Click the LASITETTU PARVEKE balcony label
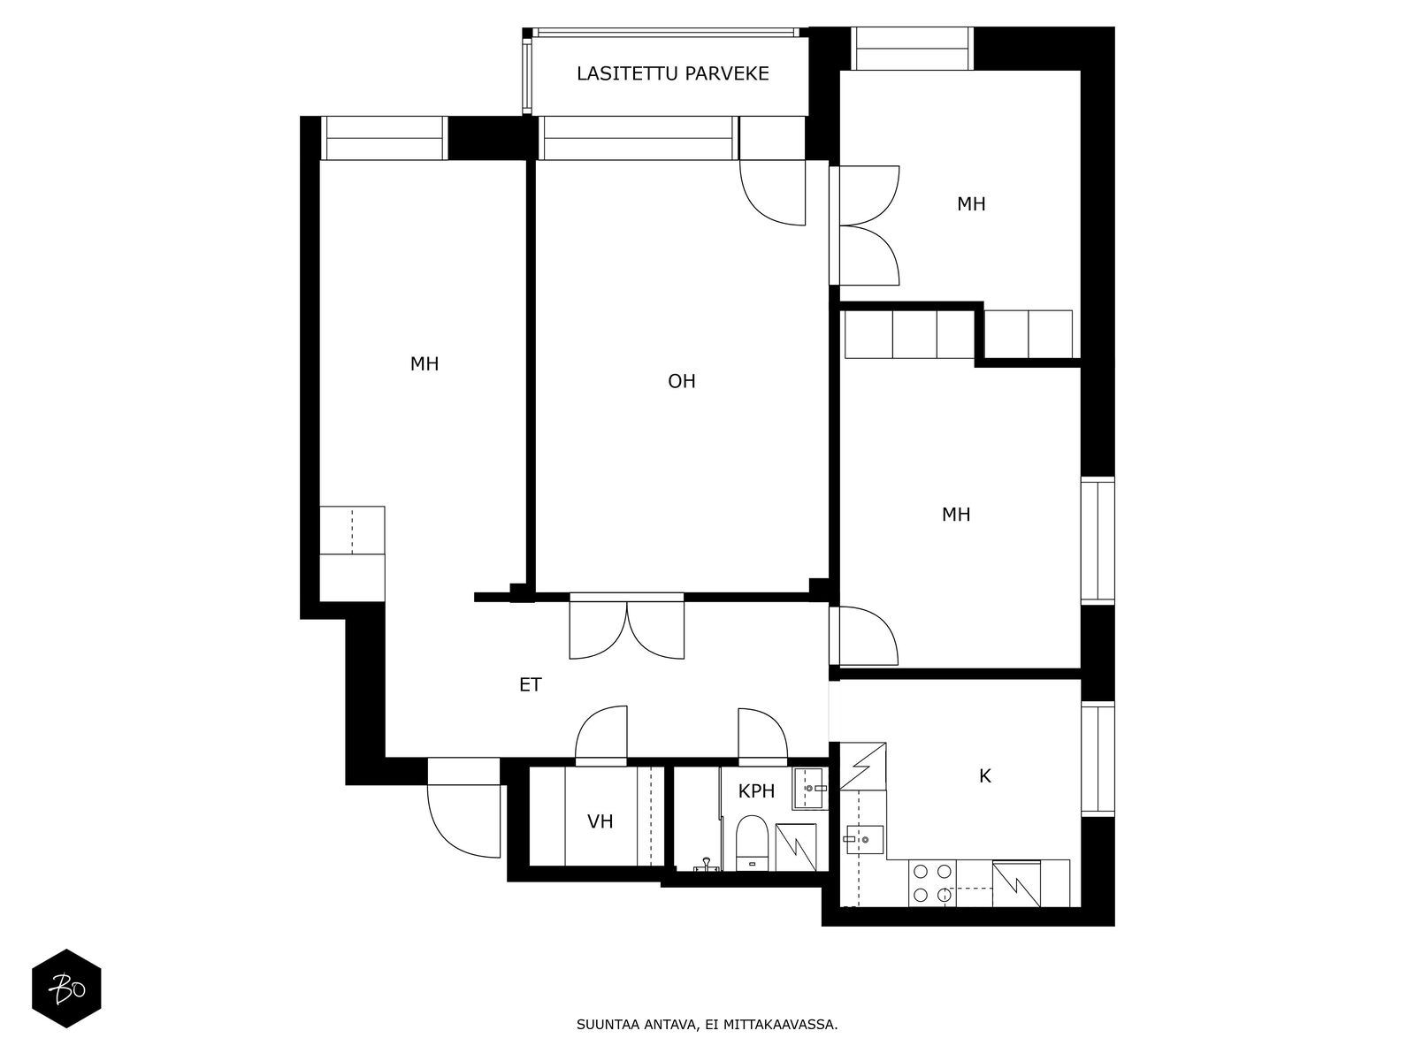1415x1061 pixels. [x=672, y=73]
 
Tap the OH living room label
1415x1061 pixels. [x=681, y=381]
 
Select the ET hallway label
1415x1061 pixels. [x=530, y=684]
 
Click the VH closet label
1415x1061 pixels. [x=600, y=821]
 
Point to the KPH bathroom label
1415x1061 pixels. [x=755, y=791]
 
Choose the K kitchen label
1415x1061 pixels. [x=984, y=776]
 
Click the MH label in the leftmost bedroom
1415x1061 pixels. [x=424, y=364]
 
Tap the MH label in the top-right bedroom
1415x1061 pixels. [x=971, y=204]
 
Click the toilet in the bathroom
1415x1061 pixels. [x=752, y=843]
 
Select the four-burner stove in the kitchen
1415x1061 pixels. [x=932, y=883]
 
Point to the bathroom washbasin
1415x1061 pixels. [x=808, y=789]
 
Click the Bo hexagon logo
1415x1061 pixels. [x=66, y=988]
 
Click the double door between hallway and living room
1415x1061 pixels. [x=627, y=628]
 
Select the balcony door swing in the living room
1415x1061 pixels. [x=772, y=193]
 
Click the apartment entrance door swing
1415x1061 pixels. [x=463, y=821]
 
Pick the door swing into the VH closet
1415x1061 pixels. [x=600, y=735]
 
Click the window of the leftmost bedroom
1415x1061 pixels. [x=384, y=138]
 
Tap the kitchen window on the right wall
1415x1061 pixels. [x=1098, y=759]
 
